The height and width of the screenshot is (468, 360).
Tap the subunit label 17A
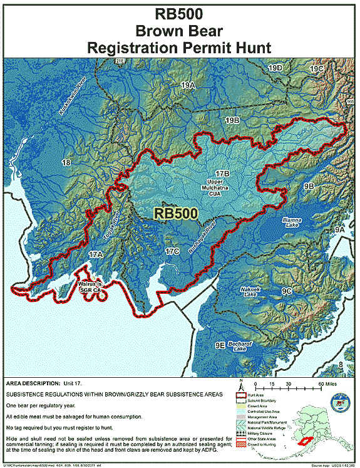[x=95, y=254]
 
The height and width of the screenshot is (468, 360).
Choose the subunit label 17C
[x=172, y=251]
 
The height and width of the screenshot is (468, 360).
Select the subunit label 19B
[x=233, y=120]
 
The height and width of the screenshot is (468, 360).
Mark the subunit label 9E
[x=219, y=345]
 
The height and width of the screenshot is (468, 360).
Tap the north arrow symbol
[x=241, y=384]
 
